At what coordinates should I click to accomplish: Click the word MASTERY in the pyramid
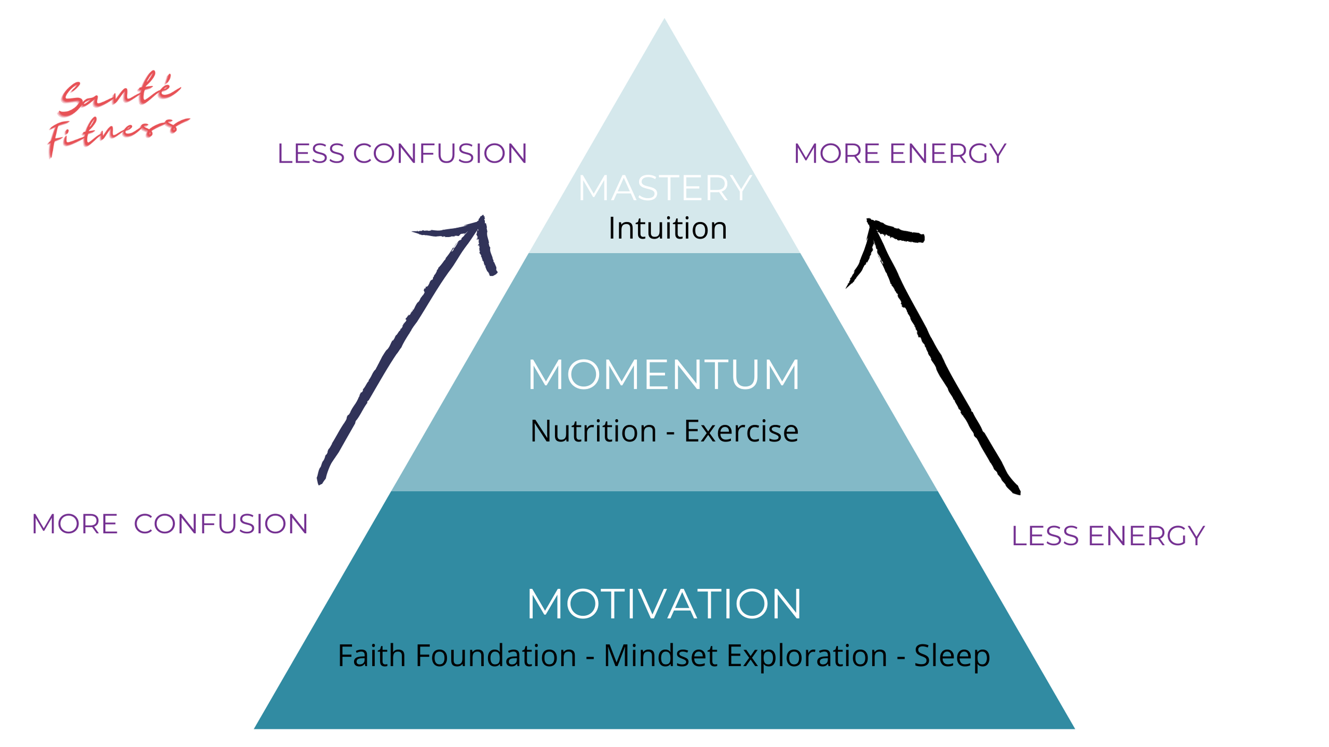(664, 188)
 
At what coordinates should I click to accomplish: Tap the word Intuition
(668, 228)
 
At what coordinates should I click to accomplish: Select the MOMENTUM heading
(664, 375)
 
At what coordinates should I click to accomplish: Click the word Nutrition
(593, 431)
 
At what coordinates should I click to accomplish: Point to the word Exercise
(741, 431)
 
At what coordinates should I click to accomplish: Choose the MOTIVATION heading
(664, 604)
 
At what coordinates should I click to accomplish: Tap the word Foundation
(496, 656)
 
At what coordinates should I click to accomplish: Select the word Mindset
(660, 656)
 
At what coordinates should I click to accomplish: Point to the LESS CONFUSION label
(402, 154)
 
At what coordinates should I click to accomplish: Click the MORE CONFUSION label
(170, 524)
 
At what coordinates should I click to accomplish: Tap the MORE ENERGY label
(900, 154)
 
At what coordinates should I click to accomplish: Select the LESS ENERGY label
(1108, 536)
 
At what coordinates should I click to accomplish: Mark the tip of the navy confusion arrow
(482, 217)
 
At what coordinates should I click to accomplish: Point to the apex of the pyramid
(664, 20)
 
